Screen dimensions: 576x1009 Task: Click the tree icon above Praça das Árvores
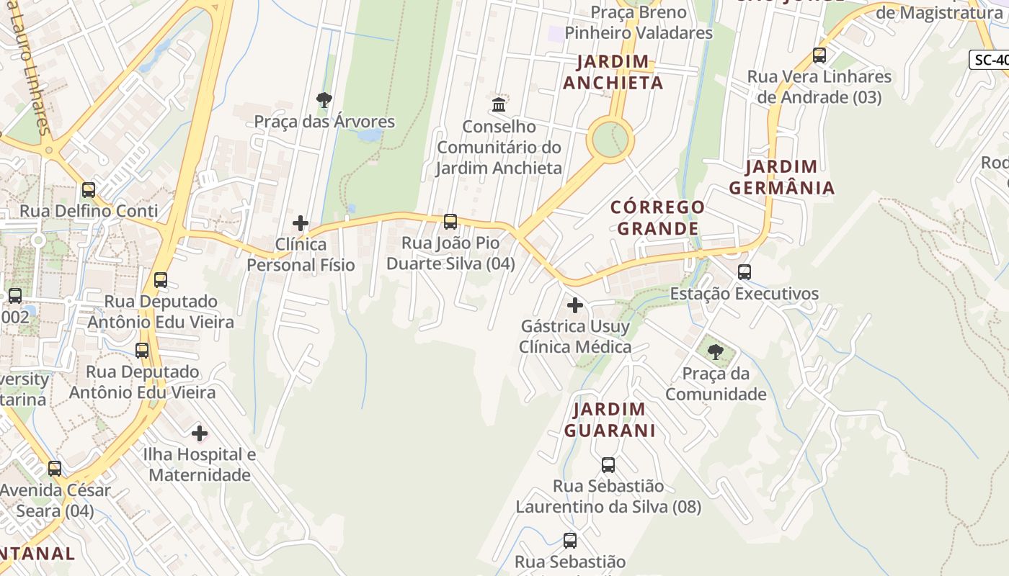(x=324, y=99)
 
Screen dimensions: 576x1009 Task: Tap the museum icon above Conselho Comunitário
(x=499, y=104)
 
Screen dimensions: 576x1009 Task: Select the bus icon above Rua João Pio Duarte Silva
(x=450, y=221)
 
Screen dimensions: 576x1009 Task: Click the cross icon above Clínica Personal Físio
(x=301, y=223)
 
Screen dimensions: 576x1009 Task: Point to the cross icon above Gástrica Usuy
(x=574, y=305)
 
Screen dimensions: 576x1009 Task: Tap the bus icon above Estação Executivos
(x=744, y=272)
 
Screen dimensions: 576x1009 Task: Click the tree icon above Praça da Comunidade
(x=716, y=351)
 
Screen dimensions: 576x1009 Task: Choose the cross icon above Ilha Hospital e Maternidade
(x=200, y=433)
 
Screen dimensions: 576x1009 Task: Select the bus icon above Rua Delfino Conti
(x=89, y=190)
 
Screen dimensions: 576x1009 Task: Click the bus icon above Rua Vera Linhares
(x=819, y=55)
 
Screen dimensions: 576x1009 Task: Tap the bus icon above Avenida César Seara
(x=55, y=469)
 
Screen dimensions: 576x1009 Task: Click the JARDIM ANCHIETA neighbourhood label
(x=613, y=72)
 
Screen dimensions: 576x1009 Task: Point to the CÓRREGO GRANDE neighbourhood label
(x=657, y=217)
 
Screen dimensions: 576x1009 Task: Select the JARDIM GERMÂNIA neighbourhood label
(x=782, y=177)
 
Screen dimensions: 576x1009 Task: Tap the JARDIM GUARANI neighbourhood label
(x=610, y=420)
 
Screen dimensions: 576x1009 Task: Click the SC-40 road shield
(x=990, y=60)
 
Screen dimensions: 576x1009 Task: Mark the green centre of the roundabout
(x=610, y=138)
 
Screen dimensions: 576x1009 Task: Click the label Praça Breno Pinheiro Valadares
(x=639, y=22)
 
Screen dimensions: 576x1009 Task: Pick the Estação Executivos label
(x=744, y=294)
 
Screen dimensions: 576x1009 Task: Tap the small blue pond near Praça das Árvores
(x=370, y=135)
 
